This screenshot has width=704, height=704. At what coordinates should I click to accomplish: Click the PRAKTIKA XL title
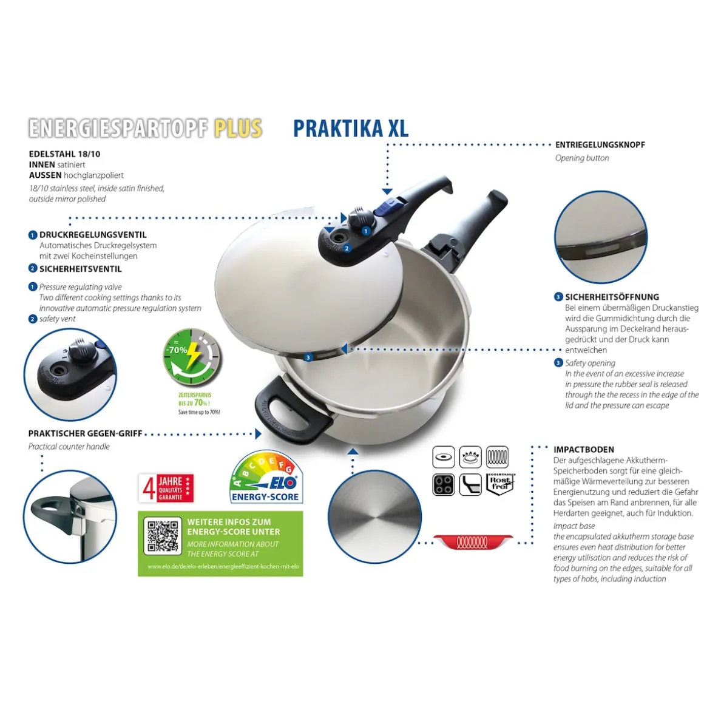pyautogui.click(x=350, y=128)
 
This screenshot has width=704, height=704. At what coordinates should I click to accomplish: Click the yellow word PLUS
pyautogui.click(x=238, y=128)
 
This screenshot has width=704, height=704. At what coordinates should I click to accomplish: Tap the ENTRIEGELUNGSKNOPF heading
pyautogui.click(x=600, y=145)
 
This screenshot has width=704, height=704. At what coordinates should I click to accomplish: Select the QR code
pyautogui.click(x=163, y=536)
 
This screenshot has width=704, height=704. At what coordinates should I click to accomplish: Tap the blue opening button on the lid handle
pyautogui.click(x=383, y=209)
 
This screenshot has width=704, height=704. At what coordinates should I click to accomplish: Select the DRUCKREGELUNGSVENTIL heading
pyautogui.click(x=93, y=235)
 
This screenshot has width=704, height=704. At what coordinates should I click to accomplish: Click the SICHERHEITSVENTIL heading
pyautogui.click(x=80, y=269)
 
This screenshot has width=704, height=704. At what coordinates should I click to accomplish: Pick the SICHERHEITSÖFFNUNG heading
pyautogui.click(x=611, y=297)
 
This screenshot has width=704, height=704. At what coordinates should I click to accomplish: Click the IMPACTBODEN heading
pyautogui.click(x=583, y=450)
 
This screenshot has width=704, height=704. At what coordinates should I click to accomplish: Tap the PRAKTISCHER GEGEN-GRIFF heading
pyautogui.click(x=85, y=433)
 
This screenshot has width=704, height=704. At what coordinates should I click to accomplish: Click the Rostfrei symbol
pyautogui.click(x=500, y=484)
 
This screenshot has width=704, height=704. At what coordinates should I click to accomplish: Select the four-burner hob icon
pyautogui.click(x=443, y=484)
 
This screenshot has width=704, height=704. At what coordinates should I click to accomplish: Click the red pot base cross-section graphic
pyautogui.click(x=473, y=542)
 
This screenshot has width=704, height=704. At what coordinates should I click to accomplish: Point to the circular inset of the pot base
pyautogui.click(x=374, y=516)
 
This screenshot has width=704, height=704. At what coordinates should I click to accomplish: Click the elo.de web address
pyautogui.click(x=223, y=567)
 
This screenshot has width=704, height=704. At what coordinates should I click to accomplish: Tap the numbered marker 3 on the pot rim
pyautogui.click(x=308, y=357)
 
